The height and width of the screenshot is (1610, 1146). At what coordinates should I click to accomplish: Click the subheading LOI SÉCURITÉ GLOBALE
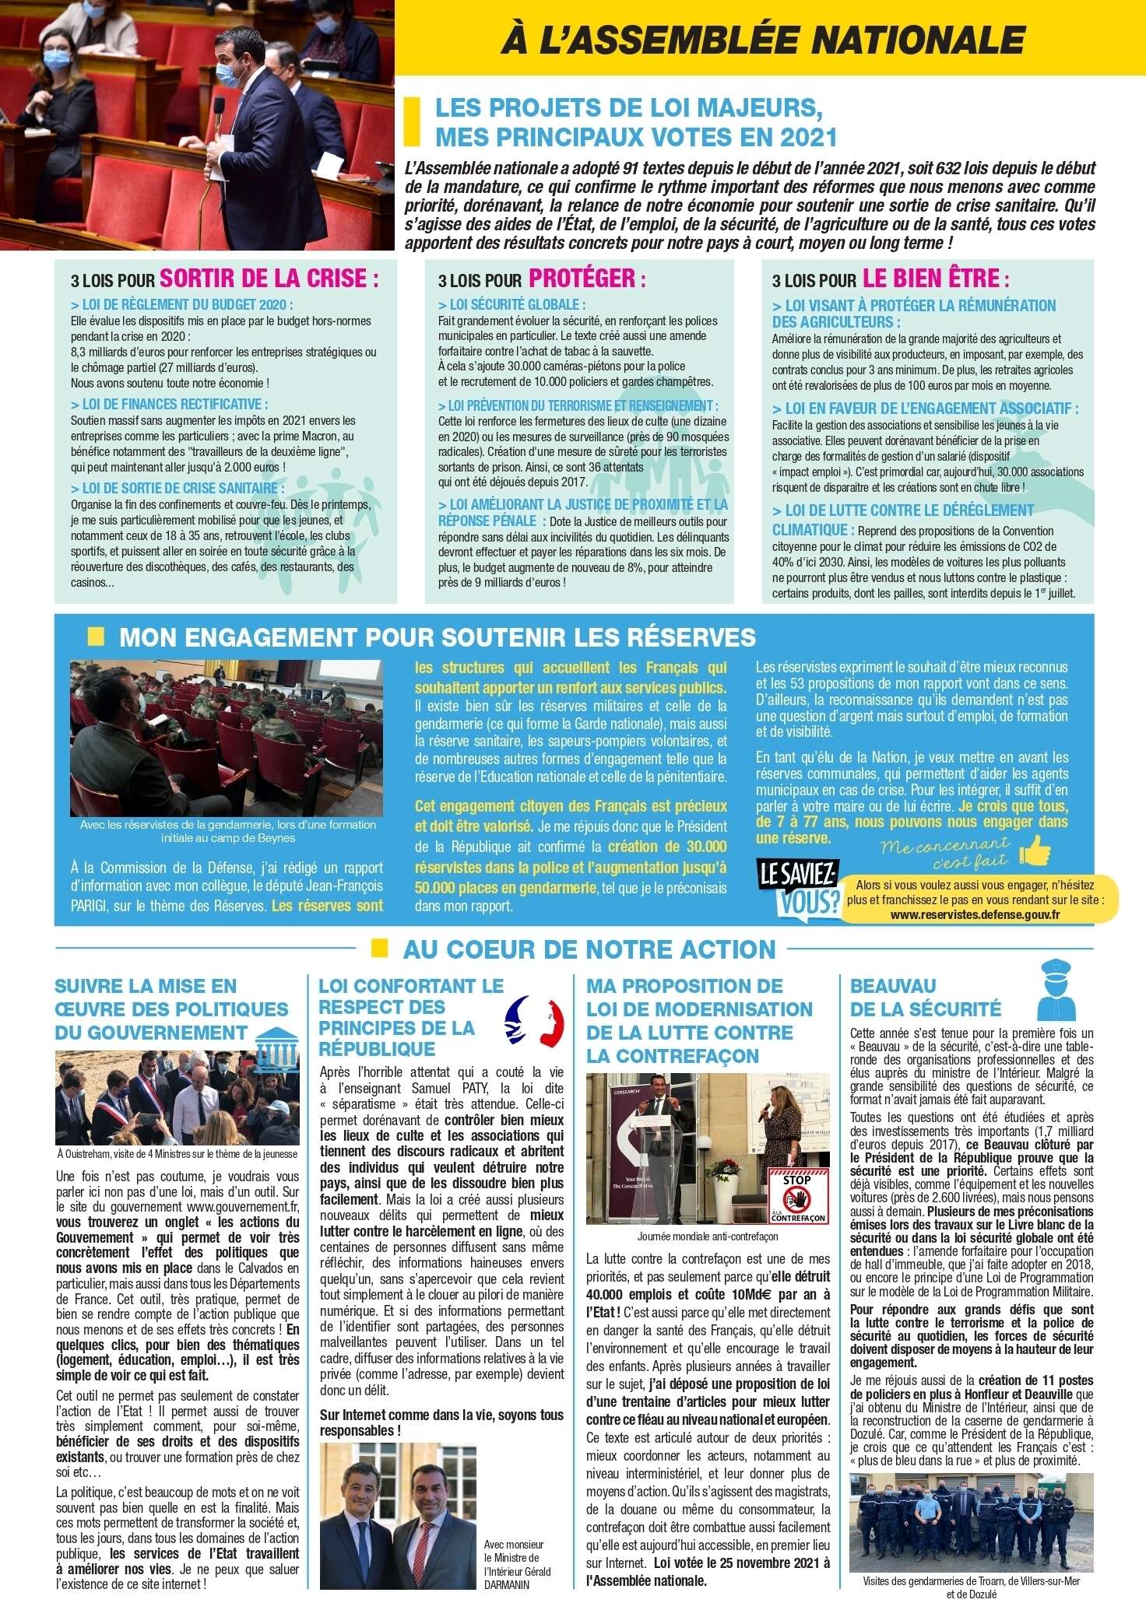[511, 304]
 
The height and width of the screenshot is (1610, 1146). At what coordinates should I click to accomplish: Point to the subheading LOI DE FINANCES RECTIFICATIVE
[169, 404]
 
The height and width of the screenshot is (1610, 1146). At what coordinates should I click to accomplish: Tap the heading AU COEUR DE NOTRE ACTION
[589, 949]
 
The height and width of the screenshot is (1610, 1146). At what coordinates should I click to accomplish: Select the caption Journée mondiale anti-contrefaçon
[707, 1236]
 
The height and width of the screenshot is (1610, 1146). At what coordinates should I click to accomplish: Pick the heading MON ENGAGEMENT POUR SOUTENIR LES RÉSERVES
[438, 637]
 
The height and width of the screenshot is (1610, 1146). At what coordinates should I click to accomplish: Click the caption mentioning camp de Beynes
[228, 831]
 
